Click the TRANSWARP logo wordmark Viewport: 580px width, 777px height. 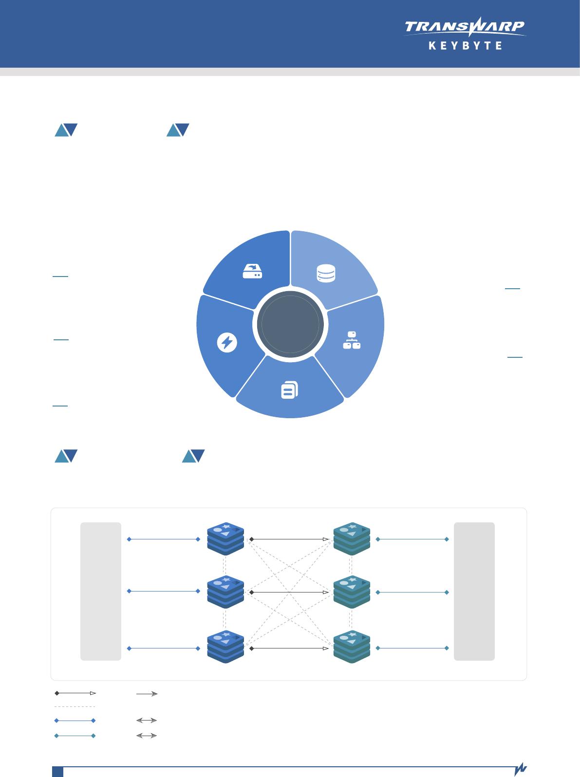tap(465, 27)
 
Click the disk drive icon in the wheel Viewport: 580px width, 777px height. tap(252, 272)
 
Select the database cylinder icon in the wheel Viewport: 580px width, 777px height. tap(325, 273)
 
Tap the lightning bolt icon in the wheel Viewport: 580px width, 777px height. tap(226, 343)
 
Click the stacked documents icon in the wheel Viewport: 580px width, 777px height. tap(289, 390)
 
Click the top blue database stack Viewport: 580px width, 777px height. tap(225, 539)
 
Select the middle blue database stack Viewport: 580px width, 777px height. tap(225, 592)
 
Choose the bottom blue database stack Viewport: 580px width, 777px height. tap(225, 647)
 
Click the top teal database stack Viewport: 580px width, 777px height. tap(352, 539)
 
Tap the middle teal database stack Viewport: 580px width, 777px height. tap(352, 592)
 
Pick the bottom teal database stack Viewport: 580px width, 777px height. tap(352, 647)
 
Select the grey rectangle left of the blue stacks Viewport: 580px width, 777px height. tap(101, 591)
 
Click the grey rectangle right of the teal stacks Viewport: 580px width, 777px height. tap(474, 591)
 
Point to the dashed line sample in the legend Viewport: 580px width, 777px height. tap(75, 706)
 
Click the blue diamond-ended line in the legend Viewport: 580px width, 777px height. tap(75, 720)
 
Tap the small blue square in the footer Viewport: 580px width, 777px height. tap(58, 772)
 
